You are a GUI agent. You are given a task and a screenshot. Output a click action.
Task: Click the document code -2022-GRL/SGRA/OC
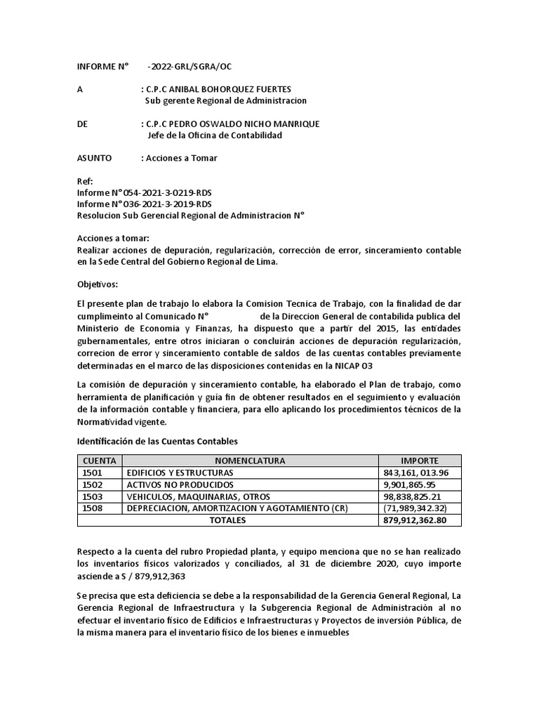(189, 67)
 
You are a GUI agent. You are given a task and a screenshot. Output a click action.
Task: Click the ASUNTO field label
(94, 158)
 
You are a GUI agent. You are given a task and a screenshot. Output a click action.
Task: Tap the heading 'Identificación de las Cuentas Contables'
(157, 442)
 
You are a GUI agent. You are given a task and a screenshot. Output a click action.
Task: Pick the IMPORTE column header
(420, 461)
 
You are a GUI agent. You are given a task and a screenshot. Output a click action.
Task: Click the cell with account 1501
(93, 473)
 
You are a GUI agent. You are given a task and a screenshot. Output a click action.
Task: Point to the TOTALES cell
(227, 520)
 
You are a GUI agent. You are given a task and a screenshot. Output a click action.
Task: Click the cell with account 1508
(93, 508)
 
